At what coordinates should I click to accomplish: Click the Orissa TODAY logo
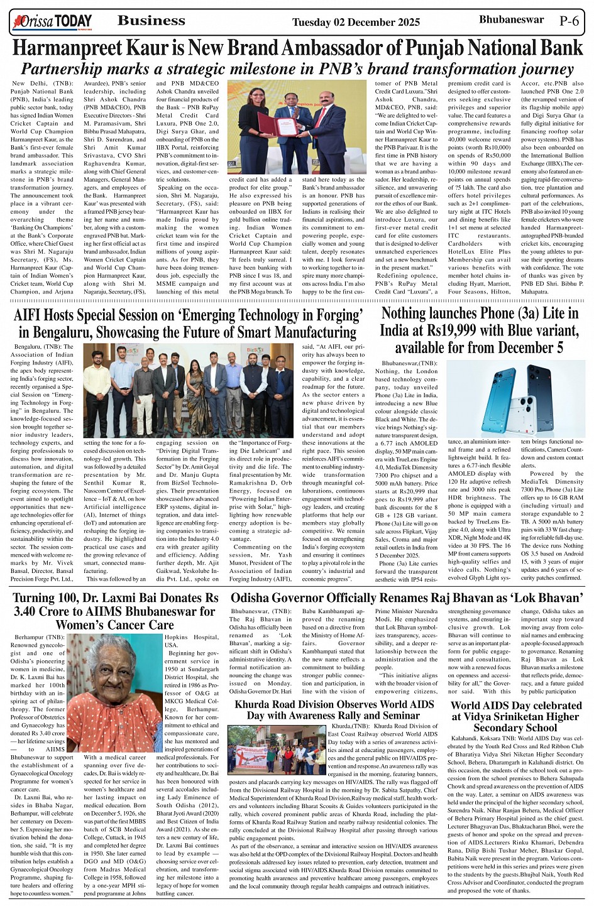click(x=52, y=23)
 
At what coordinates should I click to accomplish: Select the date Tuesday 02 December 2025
click(x=356, y=23)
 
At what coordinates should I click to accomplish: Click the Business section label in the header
click(x=151, y=21)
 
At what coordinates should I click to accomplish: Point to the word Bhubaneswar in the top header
click(x=511, y=19)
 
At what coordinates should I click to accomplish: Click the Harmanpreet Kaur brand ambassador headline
click(x=297, y=48)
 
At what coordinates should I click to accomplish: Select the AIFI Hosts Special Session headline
click(x=189, y=323)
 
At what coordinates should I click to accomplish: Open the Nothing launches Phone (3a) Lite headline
click(x=479, y=330)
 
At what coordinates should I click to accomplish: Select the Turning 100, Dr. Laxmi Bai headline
click(x=116, y=611)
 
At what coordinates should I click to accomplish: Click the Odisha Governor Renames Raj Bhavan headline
click(x=407, y=598)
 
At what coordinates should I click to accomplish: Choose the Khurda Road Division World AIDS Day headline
click(x=334, y=710)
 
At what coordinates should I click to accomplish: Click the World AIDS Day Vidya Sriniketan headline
click(x=515, y=716)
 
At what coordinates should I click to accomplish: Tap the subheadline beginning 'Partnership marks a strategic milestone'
click(x=297, y=68)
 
